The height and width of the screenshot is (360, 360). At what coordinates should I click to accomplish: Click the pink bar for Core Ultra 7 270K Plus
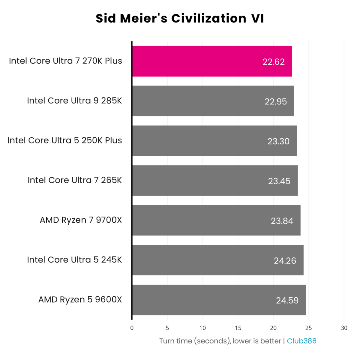(x=212, y=61)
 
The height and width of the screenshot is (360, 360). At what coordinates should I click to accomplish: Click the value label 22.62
(x=273, y=62)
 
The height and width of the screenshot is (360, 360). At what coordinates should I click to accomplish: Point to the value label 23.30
(x=278, y=141)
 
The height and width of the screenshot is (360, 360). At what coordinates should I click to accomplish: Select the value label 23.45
(x=279, y=181)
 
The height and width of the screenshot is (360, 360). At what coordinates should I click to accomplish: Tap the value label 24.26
(x=285, y=261)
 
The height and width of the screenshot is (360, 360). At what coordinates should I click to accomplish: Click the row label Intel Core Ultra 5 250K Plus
(x=65, y=140)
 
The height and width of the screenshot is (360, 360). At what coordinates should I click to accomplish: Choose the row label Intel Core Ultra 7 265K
(x=75, y=180)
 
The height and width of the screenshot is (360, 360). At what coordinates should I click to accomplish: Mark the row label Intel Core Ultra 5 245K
(x=74, y=260)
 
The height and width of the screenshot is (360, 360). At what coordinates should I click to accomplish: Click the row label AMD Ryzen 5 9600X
(x=80, y=300)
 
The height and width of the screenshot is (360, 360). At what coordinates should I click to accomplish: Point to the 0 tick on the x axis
(x=132, y=328)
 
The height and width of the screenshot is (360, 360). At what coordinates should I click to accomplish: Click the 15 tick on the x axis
(x=238, y=328)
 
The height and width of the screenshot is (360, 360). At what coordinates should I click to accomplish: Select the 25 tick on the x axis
(x=308, y=328)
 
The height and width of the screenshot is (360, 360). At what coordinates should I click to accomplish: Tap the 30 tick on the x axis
(x=344, y=328)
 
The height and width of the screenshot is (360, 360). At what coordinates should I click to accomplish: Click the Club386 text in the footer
(x=301, y=341)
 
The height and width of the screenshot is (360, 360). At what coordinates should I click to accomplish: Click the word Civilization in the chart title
(x=209, y=19)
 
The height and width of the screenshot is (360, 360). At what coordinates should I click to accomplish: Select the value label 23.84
(x=282, y=221)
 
